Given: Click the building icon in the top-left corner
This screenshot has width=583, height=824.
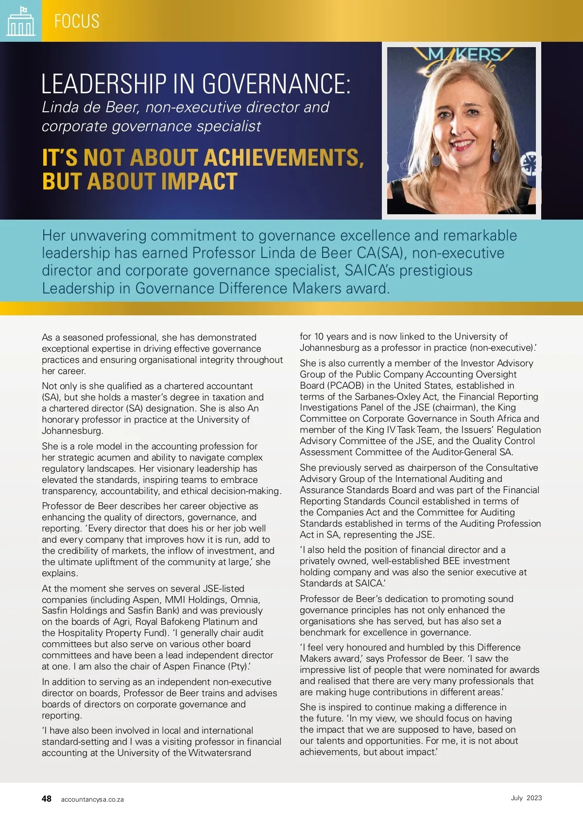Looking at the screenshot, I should tap(21, 21).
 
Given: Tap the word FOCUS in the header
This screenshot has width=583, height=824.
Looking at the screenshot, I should tap(77, 21).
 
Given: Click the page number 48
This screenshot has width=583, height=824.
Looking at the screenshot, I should tap(47, 799).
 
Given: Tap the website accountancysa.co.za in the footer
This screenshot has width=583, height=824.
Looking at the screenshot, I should tap(92, 799).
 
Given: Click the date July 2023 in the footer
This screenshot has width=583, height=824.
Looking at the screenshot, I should tap(526, 798).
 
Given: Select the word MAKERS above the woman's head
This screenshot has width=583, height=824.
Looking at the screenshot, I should tap(464, 54).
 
